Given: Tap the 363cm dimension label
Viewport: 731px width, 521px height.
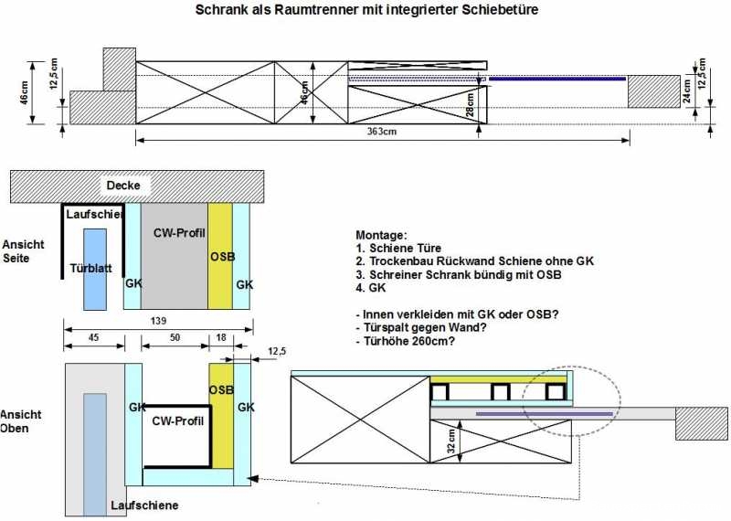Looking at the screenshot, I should coord(381,131).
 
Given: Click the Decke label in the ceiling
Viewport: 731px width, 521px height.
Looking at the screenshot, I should coord(123,186).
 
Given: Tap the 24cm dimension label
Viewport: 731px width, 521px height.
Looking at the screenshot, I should coord(688,90).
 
